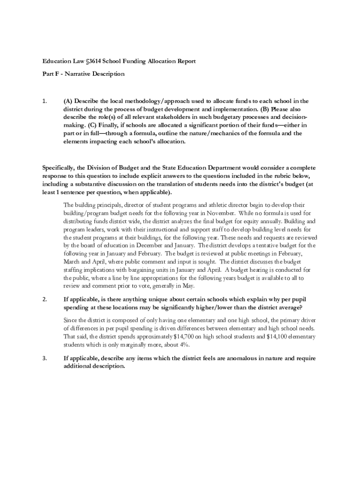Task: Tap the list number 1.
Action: [45, 101]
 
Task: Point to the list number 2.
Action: [45, 299]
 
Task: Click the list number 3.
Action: [45, 358]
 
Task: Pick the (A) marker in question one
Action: [68, 101]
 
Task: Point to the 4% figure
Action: [184, 345]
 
